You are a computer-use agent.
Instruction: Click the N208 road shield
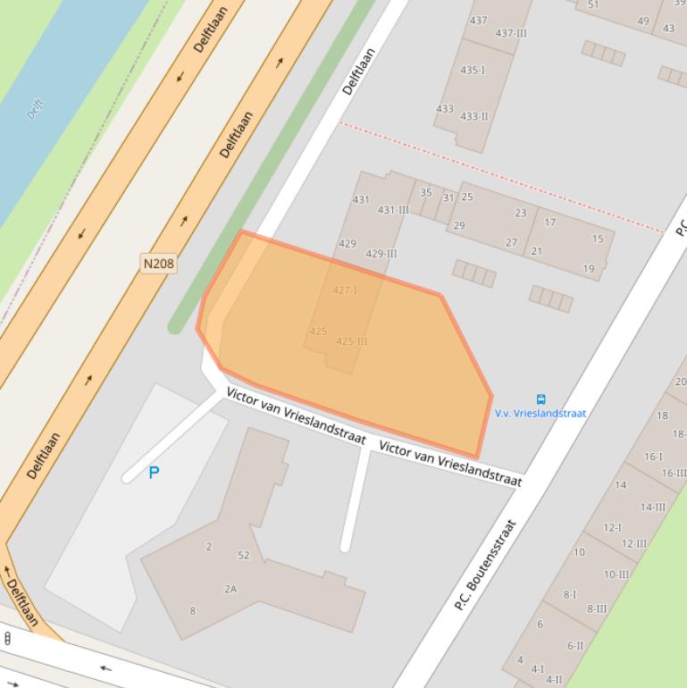point(158,264)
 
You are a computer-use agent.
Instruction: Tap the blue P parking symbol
point(154,473)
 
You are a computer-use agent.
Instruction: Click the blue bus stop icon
point(540,399)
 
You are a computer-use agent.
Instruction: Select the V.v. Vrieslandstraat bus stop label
point(540,414)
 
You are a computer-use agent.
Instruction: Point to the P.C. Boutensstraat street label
point(485,566)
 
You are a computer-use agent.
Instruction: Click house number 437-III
point(511,33)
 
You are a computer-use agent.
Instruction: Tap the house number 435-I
point(473,70)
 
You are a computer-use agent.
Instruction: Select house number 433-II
point(473,116)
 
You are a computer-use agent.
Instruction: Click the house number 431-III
point(393,210)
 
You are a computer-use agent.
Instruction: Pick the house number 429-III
point(381,254)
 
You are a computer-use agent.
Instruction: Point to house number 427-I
point(345,290)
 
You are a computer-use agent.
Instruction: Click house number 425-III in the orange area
point(352,341)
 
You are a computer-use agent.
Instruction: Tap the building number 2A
point(230,589)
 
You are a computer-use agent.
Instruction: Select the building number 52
point(244,556)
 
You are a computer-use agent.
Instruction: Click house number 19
point(589,268)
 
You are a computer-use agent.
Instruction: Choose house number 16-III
point(674,474)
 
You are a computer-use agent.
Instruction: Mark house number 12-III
point(633,543)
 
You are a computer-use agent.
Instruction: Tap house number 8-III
point(596,609)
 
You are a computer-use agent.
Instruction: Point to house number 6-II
point(574,646)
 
